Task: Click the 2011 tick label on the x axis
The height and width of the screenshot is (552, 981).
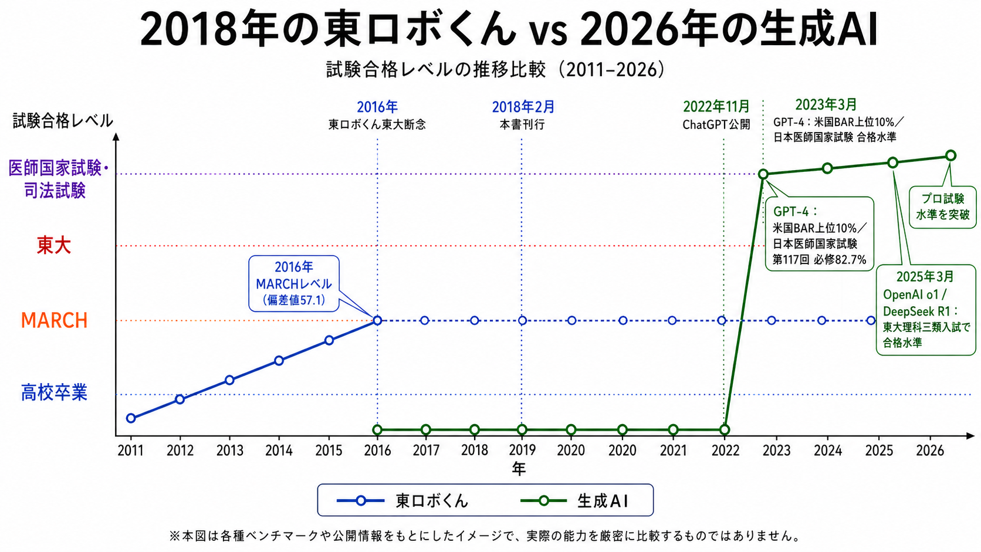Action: [x=130, y=451]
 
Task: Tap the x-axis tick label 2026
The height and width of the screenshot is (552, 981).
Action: [x=930, y=451]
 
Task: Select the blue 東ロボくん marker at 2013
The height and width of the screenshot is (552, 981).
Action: [x=229, y=380]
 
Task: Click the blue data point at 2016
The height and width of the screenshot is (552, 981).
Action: [x=377, y=320]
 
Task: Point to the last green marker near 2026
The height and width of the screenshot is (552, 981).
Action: [x=950, y=155]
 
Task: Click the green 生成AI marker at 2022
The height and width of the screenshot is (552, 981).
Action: [x=725, y=429]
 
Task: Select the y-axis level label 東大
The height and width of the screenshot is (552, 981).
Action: [x=53, y=245]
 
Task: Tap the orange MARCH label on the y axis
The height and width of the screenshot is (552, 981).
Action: [x=54, y=320]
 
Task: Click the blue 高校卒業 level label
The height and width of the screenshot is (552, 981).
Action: [x=54, y=392]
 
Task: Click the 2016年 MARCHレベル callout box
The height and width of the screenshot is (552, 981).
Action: [x=294, y=283]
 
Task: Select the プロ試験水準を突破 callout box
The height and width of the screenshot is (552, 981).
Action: [x=942, y=207]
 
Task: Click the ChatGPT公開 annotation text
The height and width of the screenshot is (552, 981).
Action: [x=716, y=125]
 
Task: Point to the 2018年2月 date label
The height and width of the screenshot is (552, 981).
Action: [x=523, y=107]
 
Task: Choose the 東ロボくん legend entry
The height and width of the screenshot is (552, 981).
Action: [x=405, y=500]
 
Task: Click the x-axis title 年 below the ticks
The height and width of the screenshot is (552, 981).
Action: [x=519, y=469]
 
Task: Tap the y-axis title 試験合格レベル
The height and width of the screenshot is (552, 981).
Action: [x=63, y=121]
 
